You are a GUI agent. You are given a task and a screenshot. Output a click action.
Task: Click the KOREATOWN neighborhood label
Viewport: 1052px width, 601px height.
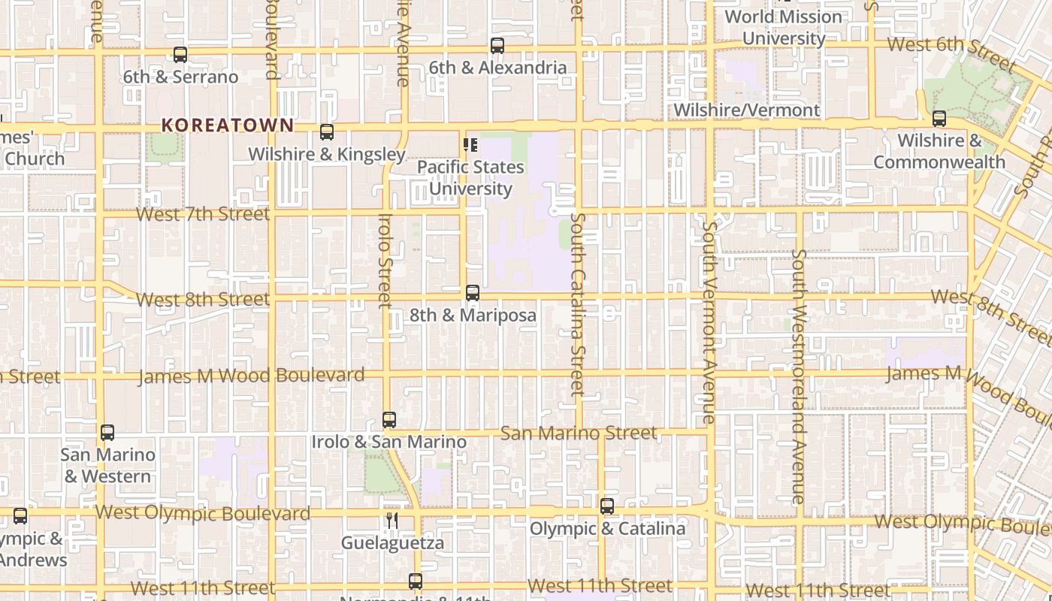pos(227,125)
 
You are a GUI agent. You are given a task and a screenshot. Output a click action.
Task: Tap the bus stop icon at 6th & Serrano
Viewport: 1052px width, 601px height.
pos(180,55)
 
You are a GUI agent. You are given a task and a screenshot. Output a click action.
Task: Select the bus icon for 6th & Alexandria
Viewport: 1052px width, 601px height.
pos(497,46)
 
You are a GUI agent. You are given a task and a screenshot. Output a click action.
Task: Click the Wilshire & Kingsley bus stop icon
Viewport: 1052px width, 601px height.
pos(327,132)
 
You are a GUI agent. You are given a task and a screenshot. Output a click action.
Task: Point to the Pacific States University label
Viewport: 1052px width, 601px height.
pos(470,177)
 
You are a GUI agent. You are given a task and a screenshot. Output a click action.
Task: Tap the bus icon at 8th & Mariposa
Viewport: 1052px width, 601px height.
pos(473,293)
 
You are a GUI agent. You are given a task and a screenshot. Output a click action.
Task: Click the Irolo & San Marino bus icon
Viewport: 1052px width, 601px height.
pos(389,420)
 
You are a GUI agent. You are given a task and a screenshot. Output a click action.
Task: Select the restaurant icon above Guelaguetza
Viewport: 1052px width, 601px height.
pos(391,520)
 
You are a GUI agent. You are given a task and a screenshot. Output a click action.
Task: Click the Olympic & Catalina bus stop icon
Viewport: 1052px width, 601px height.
pos(607,506)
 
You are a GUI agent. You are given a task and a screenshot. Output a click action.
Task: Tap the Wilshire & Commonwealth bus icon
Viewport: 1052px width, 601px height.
pos(939,119)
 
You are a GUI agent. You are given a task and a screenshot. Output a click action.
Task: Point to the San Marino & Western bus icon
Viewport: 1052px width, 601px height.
pos(107,433)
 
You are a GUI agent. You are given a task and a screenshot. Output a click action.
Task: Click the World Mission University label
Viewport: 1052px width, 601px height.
pos(783,27)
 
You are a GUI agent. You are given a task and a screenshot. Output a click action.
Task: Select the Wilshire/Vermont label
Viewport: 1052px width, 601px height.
pos(746,110)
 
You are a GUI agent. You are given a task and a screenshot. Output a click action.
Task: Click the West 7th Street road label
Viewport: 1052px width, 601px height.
pos(202,214)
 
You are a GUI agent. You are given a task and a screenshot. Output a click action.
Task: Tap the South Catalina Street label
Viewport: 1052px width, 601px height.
pos(577,304)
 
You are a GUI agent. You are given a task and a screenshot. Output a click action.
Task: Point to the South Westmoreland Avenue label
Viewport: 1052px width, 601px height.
pos(799,376)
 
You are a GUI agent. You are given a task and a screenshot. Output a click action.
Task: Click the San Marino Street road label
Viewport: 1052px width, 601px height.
pos(579,433)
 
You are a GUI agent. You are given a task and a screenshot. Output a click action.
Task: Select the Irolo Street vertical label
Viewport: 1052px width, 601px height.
pos(385,261)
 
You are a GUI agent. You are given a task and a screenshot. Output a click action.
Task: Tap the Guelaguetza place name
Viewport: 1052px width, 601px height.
pos(392,542)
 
